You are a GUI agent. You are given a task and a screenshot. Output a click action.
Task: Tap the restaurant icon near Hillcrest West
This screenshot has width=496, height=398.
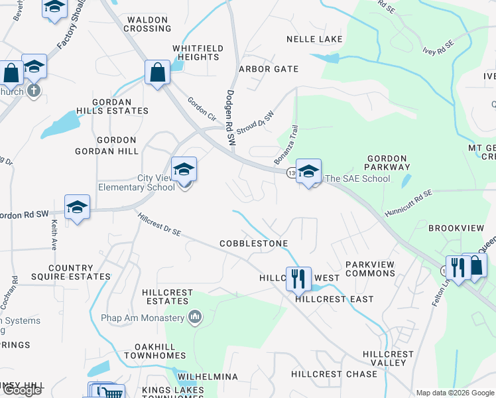tap(298, 278)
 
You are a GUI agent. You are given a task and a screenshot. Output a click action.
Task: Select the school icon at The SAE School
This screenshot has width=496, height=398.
tap(308, 171)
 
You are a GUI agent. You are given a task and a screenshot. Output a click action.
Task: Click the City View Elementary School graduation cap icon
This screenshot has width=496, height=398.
tap(184, 169)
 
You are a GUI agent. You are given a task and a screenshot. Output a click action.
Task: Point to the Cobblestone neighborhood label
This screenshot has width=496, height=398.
tap(254, 243)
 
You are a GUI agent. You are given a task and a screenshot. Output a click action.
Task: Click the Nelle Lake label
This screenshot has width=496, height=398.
tap(314, 39)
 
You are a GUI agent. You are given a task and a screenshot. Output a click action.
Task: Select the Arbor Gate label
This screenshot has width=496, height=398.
tap(269, 69)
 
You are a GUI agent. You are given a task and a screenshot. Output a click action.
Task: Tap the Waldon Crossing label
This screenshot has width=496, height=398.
tap(147, 25)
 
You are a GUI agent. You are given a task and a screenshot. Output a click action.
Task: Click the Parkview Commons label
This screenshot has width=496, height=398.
tap(370, 269)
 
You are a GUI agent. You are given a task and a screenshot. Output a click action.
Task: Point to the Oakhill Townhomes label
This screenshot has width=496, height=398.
tap(160, 351)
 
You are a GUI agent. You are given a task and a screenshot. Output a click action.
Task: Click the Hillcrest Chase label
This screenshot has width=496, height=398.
tap(334, 374)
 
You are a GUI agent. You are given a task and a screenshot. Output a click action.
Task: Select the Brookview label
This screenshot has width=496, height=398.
tap(456, 228)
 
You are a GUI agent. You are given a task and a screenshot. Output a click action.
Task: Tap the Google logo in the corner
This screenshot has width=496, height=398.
tap(22, 390)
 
